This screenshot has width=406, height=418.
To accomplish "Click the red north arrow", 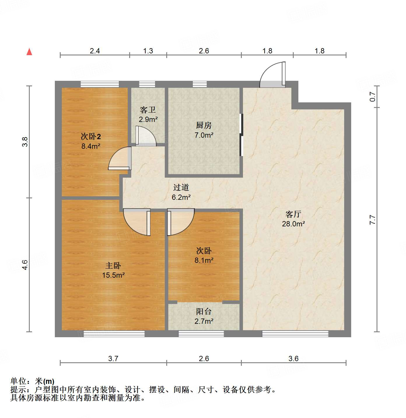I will pyautogui.click(x=29, y=52).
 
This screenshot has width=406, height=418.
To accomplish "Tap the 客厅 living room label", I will pyautogui.click(x=293, y=214).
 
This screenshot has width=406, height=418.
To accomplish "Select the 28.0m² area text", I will pyautogui.click(x=293, y=224).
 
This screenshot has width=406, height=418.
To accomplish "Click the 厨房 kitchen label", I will pyautogui.click(x=204, y=125).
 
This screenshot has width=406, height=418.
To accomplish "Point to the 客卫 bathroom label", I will pyautogui.click(x=148, y=110).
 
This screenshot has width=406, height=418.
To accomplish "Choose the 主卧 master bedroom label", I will pyautogui.click(x=113, y=266).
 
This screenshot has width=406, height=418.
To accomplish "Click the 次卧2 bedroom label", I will pyautogui.click(x=91, y=137).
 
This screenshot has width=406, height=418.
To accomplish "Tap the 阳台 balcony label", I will pyautogui.click(x=204, y=312).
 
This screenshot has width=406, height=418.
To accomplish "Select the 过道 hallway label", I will pyautogui.click(x=181, y=188).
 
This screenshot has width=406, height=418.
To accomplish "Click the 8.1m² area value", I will pyautogui.click(x=204, y=260).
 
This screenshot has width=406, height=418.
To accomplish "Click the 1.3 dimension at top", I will pyautogui.click(x=148, y=51).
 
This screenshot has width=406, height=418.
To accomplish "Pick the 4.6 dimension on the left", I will pyautogui.click(x=25, y=265).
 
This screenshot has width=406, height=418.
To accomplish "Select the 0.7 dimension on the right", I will pyautogui.click(x=372, y=97).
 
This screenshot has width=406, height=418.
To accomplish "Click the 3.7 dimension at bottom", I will pyautogui.click(x=113, y=358).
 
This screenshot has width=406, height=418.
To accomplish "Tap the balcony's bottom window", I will pyautogui.click(x=201, y=334).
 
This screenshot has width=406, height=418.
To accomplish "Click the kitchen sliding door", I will pyautogui.click(x=241, y=135).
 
